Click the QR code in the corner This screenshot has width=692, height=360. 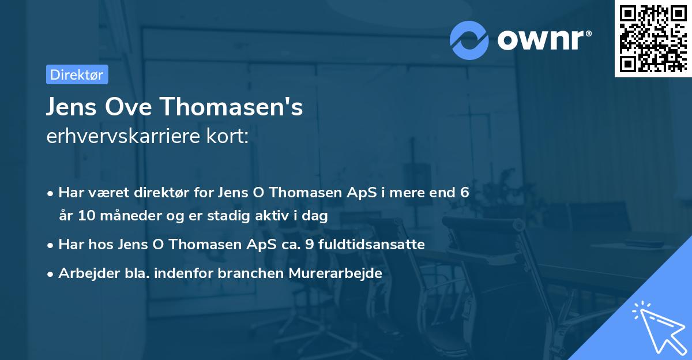pyautogui.click(x=653, y=38)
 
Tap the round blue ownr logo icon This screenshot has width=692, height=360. pyautogui.click(x=469, y=40)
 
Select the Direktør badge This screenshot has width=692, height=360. pyautogui.click(x=77, y=74)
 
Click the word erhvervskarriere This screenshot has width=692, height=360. pyautogui.click(x=121, y=136)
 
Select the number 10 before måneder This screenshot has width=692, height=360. pyautogui.click(x=82, y=216)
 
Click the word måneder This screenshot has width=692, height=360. pyautogui.click(x=122, y=216)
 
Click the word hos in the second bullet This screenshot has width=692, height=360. pyautogui.click(x=101, y=245)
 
